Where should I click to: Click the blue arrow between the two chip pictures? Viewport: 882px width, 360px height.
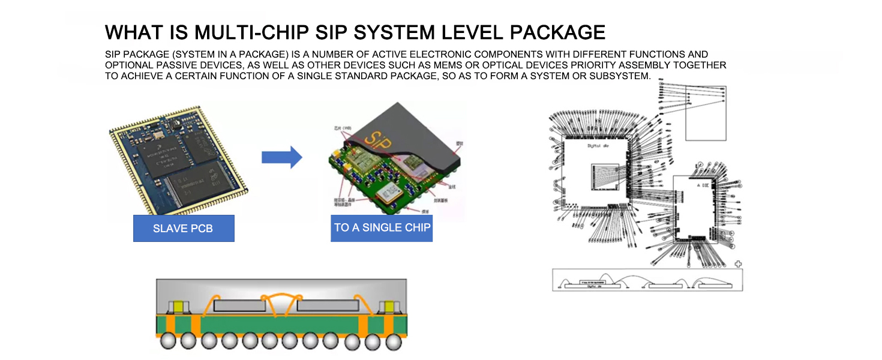coord(281,157)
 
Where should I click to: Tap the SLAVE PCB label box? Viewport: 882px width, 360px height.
coord(184,228)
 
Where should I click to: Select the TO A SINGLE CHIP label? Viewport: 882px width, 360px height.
coord(382,227)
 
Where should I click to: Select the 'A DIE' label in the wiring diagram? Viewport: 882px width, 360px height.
coord(703,185)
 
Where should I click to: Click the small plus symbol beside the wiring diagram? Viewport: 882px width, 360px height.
coord(738,263)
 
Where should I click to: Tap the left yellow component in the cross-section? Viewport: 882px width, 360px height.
coord(178,307)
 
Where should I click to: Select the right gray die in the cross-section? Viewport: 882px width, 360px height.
coord(321,305)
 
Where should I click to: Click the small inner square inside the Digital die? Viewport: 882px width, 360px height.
coord(605,176)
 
